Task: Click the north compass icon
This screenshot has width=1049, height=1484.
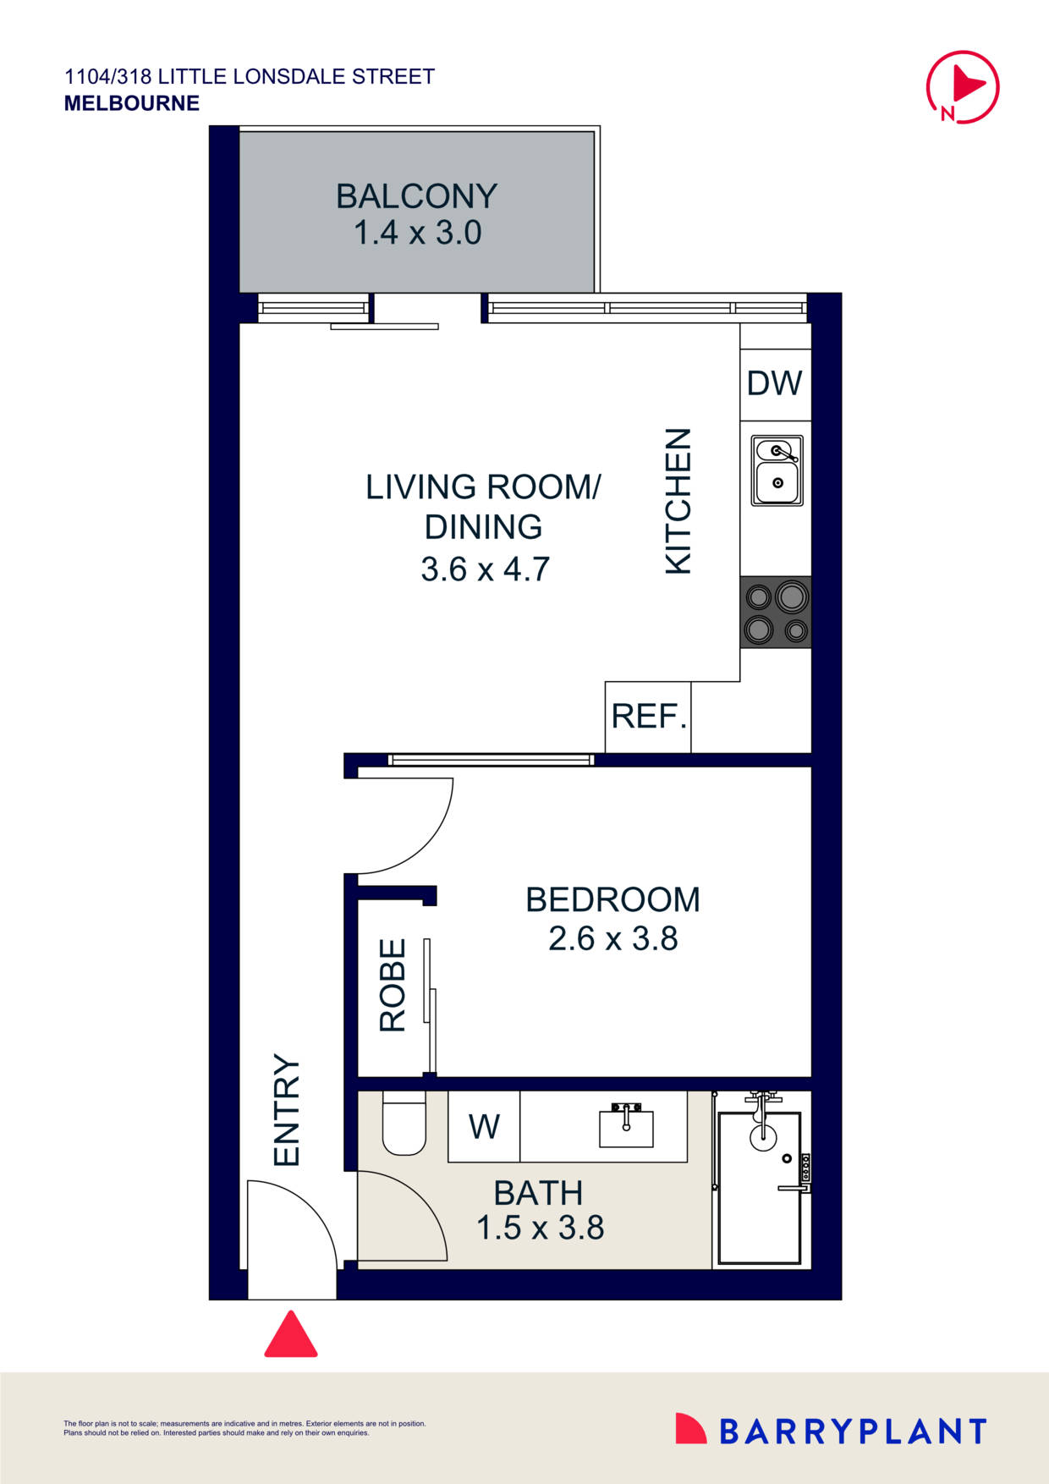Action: coord(963,87)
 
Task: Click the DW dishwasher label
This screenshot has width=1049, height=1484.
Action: coord(774,384)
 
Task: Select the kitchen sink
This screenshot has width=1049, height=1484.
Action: coord(777,471)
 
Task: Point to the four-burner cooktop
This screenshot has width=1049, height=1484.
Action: coord(776,613)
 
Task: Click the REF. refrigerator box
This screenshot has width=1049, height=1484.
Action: coord(648,717)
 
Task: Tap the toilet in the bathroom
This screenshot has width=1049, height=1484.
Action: coord(404,1124)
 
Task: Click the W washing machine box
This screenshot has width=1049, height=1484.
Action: coord(484,1127)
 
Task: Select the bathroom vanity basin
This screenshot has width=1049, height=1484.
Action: coord(626,1128)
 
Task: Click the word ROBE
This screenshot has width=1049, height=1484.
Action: coord(393,986)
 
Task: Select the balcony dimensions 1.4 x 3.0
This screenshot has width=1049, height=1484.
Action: coord(417,233)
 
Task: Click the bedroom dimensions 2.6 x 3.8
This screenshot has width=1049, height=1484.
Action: coord(612,939)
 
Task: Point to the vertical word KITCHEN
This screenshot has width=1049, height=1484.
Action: coord(678,502)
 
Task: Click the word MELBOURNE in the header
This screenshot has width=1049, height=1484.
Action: coord(132,103)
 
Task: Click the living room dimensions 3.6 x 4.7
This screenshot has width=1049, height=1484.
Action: coord(485,569)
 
